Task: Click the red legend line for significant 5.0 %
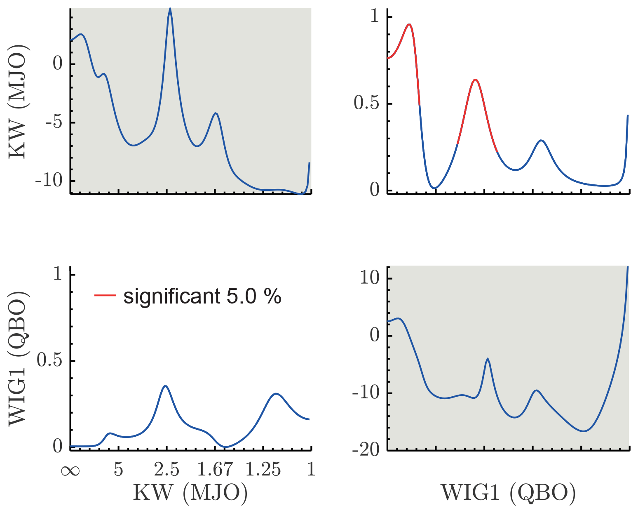coord(105,295)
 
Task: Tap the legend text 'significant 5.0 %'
coord(202,296)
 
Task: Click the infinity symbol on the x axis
coord(70,470)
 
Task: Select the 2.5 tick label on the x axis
coord(167,470)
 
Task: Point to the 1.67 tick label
coord(215,470)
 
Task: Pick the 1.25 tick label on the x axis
coord(263,470)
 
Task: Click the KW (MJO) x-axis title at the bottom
coord(190,492)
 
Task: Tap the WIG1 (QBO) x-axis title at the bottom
coord(508,492)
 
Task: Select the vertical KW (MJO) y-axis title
coord(17,100)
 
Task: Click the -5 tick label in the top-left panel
coord(54,122)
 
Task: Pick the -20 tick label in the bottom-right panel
coord(366,450)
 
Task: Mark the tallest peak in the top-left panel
coord(170,9)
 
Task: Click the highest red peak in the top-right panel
coord(409,24)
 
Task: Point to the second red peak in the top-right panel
coord(475,80)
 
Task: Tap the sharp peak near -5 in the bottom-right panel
coord(488,359)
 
